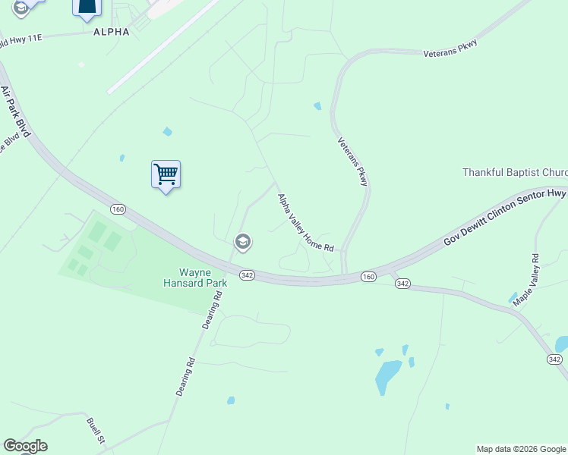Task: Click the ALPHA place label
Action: click(x=111, y=32)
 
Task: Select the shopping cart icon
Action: click(x=166, y=175)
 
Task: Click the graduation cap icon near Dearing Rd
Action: click(x=243, y=243)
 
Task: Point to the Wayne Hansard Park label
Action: click(x=193, y=278)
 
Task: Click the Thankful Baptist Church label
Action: click(x=515, y=172)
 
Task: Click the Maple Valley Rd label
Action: click(x=525, y=281)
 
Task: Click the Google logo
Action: click(x=25, y=446)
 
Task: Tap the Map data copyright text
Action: click(x=521, y=449)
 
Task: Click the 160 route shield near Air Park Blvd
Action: click(x=117, y=209)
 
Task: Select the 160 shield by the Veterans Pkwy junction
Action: click(x=368, y=277)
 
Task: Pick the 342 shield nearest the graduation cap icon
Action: click(x=246, y=275)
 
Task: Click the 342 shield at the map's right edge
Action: click(x=554, y=359)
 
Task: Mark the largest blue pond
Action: click(x=388, y=374)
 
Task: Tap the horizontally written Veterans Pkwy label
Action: click(x=449, y=52)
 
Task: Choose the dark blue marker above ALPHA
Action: click(x=87, y=8)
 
